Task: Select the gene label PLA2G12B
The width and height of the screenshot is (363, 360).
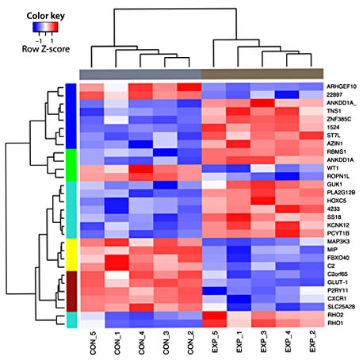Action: tap(342, 191)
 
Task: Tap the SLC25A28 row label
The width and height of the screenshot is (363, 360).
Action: tap(342, 305)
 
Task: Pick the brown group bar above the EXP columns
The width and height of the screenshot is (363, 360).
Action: tap(262, 73)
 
